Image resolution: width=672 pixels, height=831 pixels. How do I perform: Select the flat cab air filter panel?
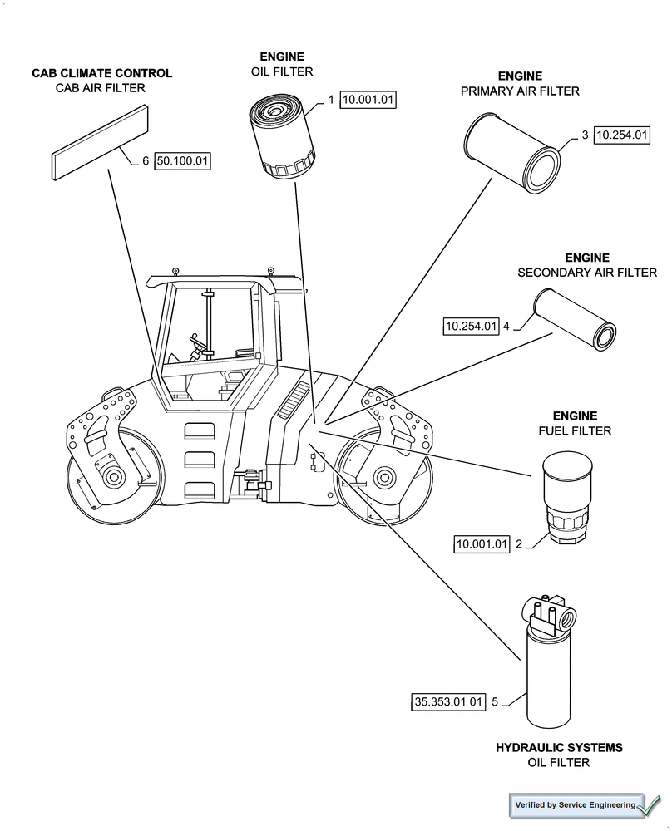(101, 141)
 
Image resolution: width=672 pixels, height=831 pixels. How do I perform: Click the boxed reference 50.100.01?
(182, 161)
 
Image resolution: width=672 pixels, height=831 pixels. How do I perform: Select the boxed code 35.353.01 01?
(448, 702)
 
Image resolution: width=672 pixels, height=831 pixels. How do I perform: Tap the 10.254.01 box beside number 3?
(621, 135)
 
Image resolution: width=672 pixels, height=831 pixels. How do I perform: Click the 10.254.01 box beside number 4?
(471, 327)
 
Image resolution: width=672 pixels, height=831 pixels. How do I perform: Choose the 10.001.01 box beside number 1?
(368, 100)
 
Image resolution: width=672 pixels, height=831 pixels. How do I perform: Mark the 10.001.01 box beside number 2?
(481, 544)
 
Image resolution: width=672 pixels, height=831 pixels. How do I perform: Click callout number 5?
(495, 702)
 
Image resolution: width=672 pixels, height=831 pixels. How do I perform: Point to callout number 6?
(145, 161)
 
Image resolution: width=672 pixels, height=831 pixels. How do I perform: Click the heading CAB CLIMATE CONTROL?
(102, 73)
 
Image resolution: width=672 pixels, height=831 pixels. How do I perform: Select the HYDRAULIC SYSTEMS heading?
(559, 748)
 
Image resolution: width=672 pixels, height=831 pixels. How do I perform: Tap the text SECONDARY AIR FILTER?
(587, 273)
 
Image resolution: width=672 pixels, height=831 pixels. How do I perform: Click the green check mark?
(650, 804)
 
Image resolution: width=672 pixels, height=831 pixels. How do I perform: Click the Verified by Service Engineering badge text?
(575, 804)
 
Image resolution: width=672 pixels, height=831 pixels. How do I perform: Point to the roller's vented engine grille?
(292, 404)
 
